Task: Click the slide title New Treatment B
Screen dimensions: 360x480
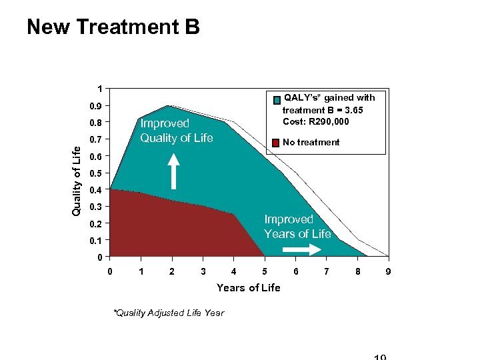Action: (113, 27)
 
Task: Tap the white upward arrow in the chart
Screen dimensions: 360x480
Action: (173, 171)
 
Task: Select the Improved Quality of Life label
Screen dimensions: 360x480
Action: (176, 131)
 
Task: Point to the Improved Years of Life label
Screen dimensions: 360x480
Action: (297, 227)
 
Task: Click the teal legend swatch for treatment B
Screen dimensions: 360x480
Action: (277, 101)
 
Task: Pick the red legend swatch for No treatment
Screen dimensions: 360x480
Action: (275, 142)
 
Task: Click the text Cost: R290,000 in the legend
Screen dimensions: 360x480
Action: (316, 121)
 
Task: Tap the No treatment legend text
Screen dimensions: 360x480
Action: (311, 142)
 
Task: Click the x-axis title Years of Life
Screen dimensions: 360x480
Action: (248, 288)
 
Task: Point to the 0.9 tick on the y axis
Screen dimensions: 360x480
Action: (97, 106)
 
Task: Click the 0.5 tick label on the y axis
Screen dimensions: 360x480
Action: (97, 173)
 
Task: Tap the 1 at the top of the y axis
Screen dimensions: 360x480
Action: (100, 89)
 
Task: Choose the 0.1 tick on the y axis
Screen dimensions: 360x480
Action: (97, 240)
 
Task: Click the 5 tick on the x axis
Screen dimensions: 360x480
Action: (265, 271)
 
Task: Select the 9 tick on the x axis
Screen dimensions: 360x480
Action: (388, 271)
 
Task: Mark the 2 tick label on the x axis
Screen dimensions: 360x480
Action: (172, 271)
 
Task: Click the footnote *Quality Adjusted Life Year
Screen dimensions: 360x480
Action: (169, 313)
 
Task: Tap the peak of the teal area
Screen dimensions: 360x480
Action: (167, 107)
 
